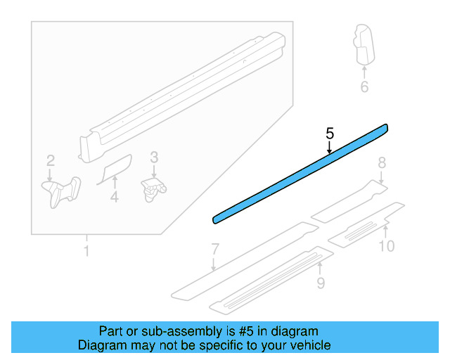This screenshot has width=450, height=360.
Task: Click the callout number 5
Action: tap(330, 132)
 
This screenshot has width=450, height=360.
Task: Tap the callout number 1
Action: tap(86, 251)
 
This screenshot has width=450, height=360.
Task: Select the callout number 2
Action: tap(50, 160)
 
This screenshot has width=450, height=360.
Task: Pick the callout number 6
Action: tap(364, 87)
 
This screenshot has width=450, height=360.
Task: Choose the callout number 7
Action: tap(215, 248)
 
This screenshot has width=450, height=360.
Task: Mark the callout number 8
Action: tap(382, 163)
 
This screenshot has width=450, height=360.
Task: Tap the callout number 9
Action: tap(321, 283)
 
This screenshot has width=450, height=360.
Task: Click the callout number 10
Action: tap(387, 245)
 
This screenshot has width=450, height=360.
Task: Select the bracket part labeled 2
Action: tap(61, 189)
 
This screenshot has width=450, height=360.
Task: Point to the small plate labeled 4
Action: tap(114, 169)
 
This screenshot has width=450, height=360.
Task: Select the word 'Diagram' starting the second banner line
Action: tap(101, 345)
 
